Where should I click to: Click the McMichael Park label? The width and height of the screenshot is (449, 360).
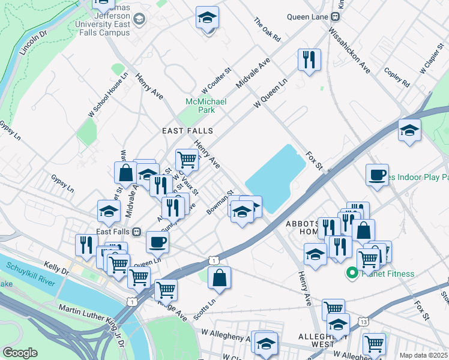[205, 106]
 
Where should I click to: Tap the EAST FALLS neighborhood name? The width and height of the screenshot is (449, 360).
[187, 130]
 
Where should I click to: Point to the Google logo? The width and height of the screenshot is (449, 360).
[20, 353]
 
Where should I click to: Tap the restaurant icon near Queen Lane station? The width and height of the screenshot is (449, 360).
[309, 59]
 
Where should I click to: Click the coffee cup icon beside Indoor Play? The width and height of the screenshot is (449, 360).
[377, 175]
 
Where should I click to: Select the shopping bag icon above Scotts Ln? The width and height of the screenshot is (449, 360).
[219, 278]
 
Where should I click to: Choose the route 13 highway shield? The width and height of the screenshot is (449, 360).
[364, 322]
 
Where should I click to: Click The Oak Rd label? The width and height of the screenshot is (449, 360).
[267, 29]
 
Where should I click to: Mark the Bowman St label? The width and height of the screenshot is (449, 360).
[219, 203]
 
